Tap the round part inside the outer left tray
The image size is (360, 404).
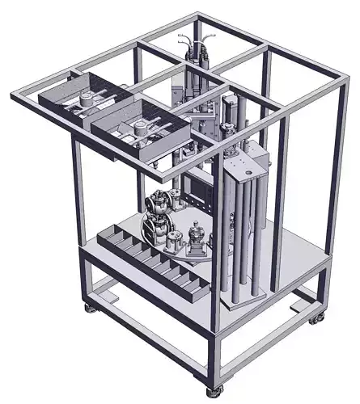[84, 100]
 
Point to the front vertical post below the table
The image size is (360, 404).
[214, 356]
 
